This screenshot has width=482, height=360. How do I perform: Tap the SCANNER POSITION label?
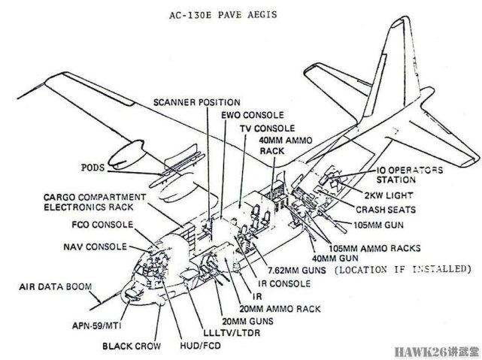[197, 101]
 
